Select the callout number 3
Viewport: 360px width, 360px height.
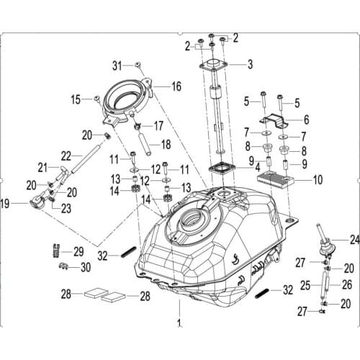point(250,64)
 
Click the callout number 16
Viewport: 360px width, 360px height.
point(176,86)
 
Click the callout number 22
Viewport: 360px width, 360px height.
point(66,155)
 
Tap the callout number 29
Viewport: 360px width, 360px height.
point(78,251)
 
